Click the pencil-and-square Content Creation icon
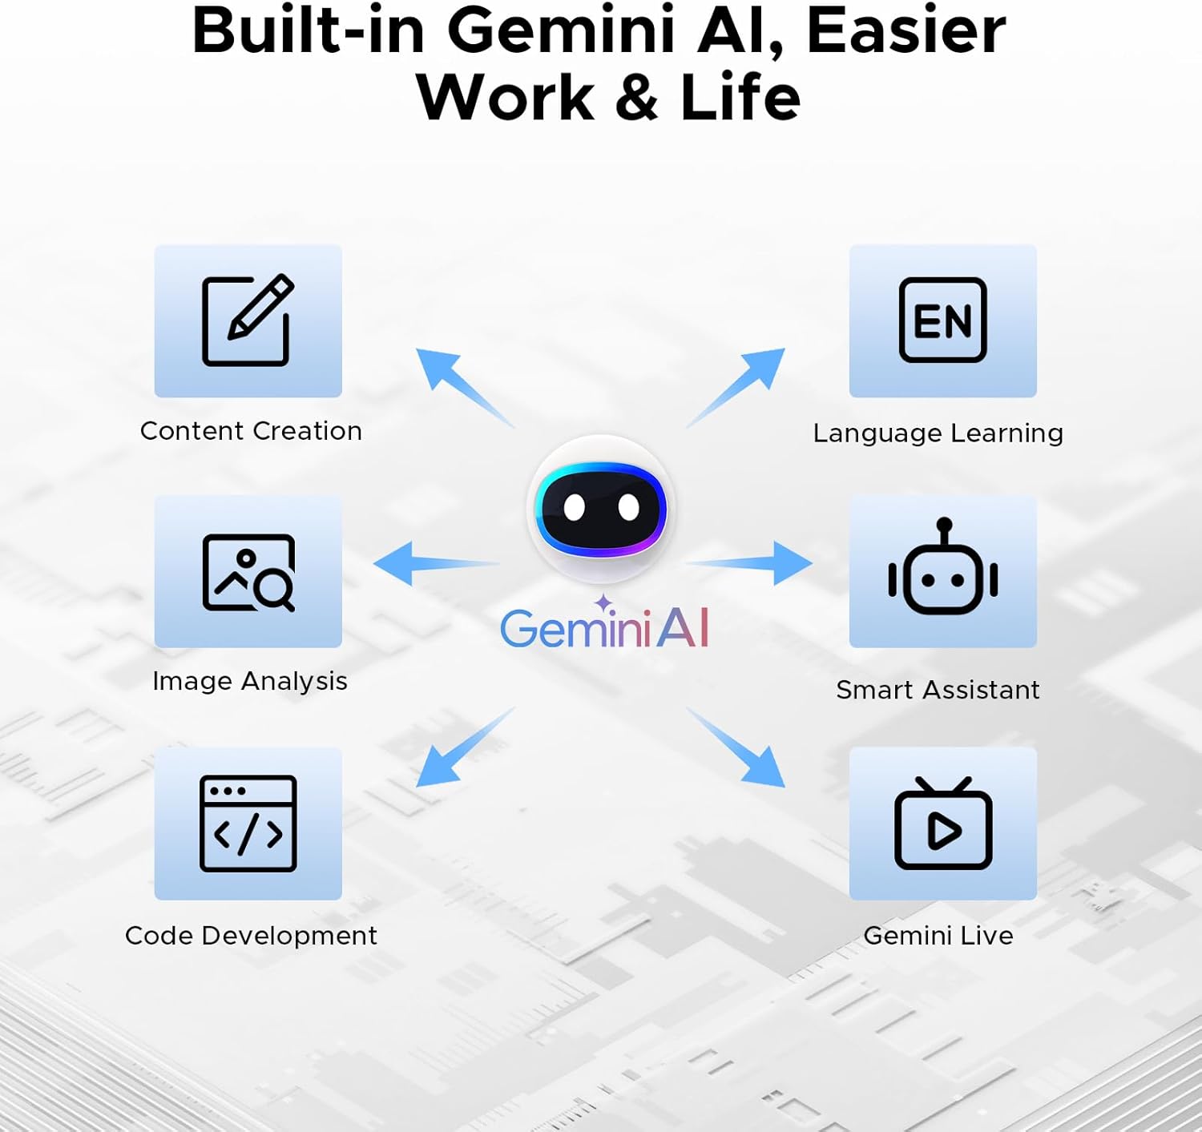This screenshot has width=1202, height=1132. (248, 320)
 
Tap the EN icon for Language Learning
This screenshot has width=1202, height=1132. (942, 320)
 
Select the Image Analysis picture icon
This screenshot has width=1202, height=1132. (248, 573)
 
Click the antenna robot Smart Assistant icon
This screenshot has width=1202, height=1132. (942, 566)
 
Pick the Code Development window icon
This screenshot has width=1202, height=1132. (248, 824)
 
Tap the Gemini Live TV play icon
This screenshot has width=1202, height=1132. (943, 824)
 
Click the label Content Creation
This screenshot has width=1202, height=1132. (251, 431)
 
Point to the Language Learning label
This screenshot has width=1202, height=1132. (938, 433)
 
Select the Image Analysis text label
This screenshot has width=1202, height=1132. (250, 682)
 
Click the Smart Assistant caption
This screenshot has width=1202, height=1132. (938, 690)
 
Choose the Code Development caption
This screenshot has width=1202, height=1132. (251, 935)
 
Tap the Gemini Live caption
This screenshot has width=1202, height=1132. (938, 935)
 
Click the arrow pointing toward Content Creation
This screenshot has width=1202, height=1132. (466, 388)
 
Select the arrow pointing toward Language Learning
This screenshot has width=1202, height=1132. (735, 388)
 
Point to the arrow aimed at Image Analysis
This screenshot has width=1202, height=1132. (437, 563)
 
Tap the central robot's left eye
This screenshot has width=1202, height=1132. (574, 508)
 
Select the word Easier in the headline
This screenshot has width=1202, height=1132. (906, 30)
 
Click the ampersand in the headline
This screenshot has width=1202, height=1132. (637, 97)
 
